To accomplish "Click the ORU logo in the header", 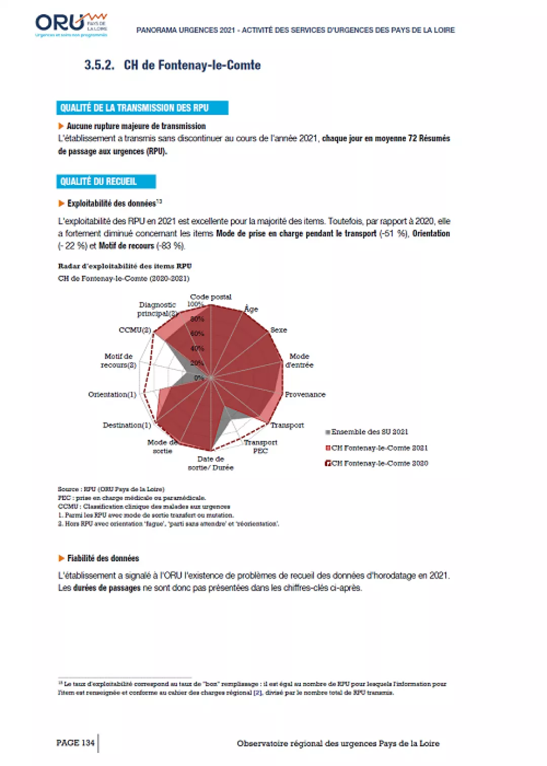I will pos(71,24).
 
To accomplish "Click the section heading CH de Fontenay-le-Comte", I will pos(192,65).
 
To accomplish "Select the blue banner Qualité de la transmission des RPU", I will pos(142,108).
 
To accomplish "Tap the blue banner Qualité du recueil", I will pos(105,181).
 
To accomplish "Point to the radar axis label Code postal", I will pos(211,297).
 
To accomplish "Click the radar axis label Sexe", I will pos(279,330).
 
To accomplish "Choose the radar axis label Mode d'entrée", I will pos(299,361).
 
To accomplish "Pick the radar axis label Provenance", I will pos(305,395).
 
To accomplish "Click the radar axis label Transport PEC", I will pos(260,446).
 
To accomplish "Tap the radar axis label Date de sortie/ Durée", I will pos(211,463).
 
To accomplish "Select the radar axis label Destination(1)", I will pos(127,425).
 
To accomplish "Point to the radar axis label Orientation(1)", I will pos(112,395).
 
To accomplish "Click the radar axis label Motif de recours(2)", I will pos(119,361).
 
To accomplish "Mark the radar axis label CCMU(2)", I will pos(135,330).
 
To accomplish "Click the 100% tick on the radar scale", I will pos(195,304).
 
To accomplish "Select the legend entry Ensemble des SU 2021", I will pos(369,432).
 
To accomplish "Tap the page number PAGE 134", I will pos(75,743).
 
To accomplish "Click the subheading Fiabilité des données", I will pos(103,558).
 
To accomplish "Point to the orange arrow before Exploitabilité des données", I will pos(61,204).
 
